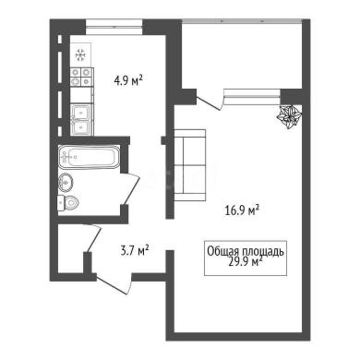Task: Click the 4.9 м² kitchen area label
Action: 128,81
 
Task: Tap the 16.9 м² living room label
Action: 243,210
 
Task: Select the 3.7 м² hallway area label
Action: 135,251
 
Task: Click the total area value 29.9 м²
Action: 246,262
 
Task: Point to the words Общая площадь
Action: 246,251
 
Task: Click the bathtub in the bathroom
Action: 89,157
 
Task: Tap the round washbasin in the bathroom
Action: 66,182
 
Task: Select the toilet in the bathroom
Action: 68,202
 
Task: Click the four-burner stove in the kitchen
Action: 81,77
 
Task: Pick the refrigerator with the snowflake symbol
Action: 80,54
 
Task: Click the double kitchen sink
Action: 81,120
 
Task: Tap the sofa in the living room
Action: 189,165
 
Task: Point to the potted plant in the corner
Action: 289,116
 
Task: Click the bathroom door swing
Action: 131,188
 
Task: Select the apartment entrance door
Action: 114,283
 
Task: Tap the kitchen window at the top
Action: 114,24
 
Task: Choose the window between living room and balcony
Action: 252,93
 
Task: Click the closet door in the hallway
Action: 93,239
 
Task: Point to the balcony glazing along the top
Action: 242,20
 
